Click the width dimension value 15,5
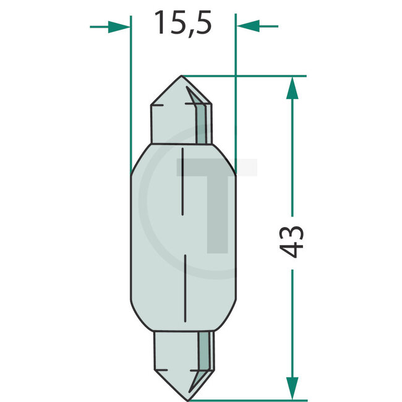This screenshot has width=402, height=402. pos(182,24)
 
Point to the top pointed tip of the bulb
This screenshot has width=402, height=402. pos(181,77)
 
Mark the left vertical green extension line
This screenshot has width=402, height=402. pos(131,93)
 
